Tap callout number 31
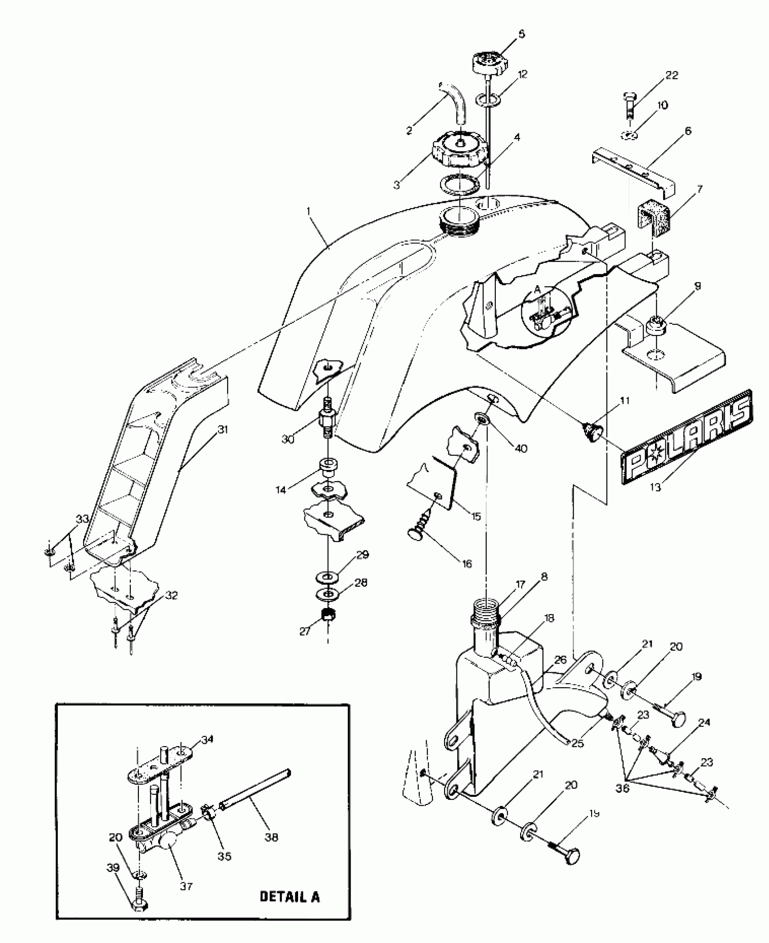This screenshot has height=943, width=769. [223, 429]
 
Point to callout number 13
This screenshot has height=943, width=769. [655, 487]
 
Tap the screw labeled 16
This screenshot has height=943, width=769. [422, 529]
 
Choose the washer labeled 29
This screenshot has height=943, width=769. [329, 578]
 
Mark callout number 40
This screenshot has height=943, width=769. [521, 449]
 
